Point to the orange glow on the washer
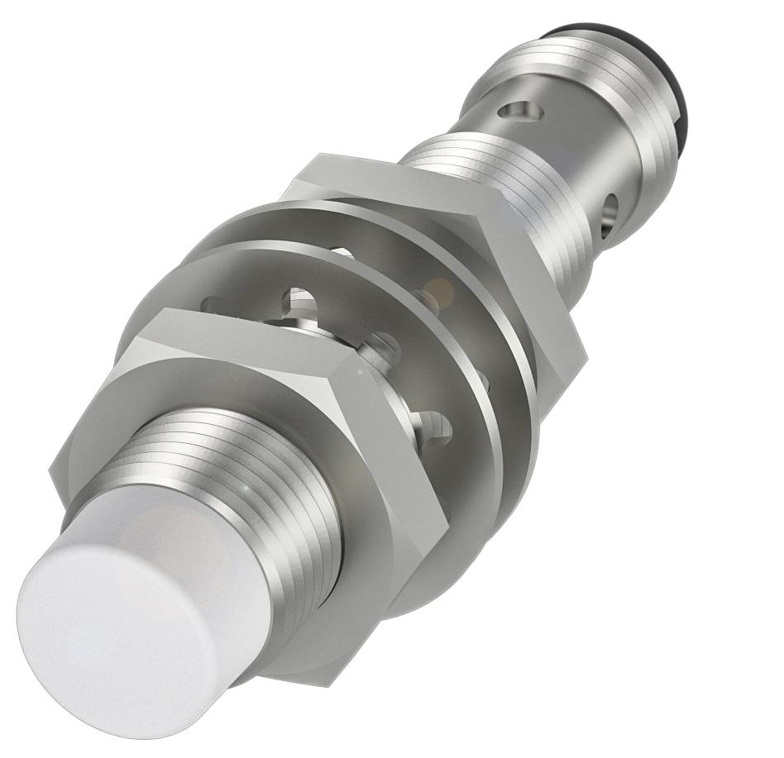click(x=439, y=290)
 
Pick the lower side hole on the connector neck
click(x=613, y=207)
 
